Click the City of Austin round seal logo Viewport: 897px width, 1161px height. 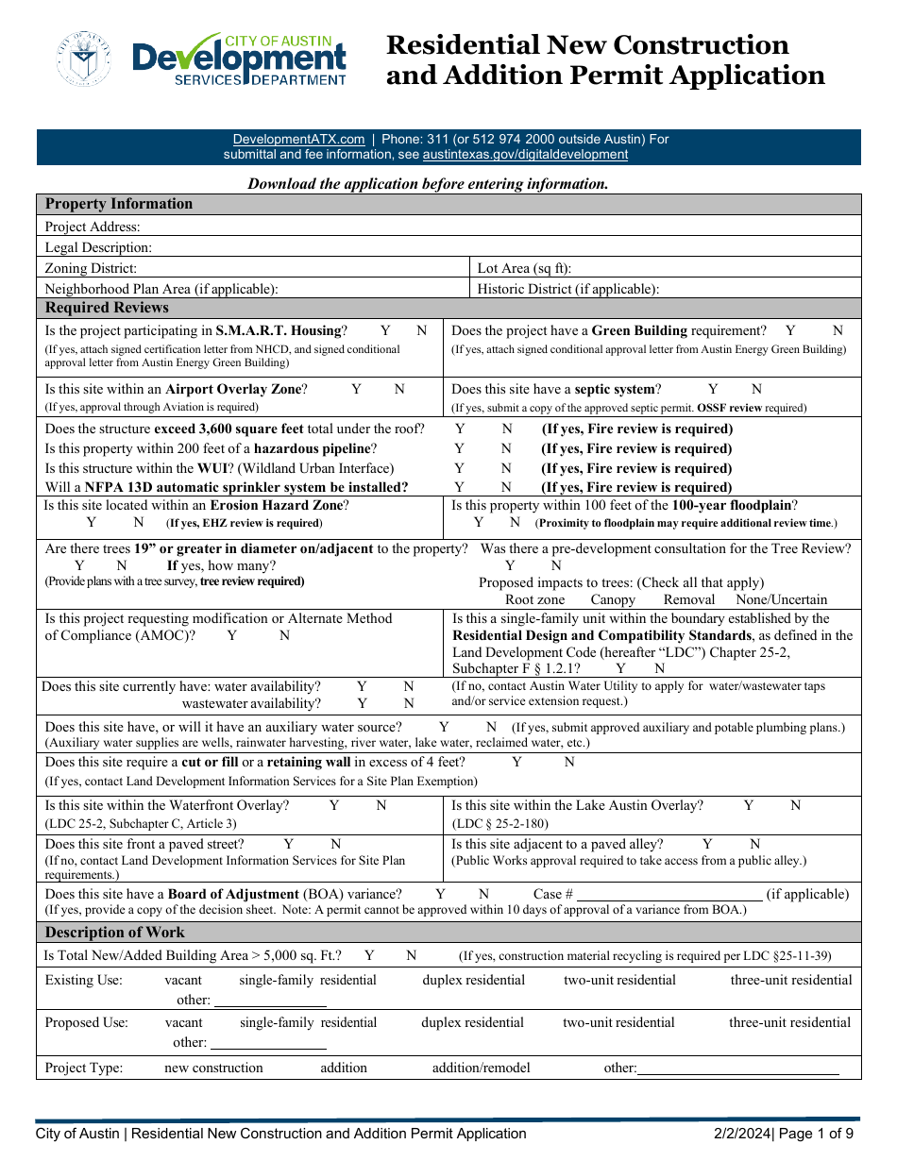pos(84,59)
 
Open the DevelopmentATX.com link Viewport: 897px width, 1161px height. pos(298,139)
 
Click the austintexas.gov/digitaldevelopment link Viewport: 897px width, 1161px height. pos(525,154)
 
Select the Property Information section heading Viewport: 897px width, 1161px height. pos(119,204)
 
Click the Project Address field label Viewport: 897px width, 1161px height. pos(93,227)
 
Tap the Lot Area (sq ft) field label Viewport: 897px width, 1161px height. pos(524,269)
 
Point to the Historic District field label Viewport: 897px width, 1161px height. pos(567,290)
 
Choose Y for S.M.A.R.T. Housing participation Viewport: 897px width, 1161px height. pos(385,331)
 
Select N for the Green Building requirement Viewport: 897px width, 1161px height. pos(838,331)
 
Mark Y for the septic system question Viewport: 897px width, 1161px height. pos(714,389)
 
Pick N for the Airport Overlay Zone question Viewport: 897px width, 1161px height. pos(399,389)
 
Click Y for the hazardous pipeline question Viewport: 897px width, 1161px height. pos(460,448)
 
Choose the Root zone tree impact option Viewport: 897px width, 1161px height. pos(534,599)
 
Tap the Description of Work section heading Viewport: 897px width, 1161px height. pos(115,932)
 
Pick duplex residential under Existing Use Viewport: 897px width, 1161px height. pos(473,980)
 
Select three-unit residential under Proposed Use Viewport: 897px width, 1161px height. pos(789,1022)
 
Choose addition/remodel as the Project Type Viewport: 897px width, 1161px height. pos(481,1068)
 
